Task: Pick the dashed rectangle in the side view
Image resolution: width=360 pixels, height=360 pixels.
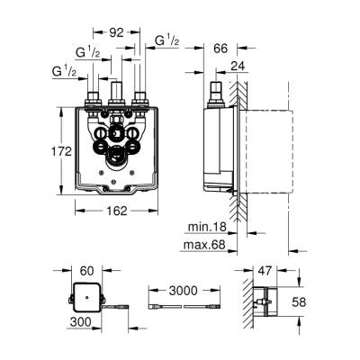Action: pyautogui.click(x=267, y=150)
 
